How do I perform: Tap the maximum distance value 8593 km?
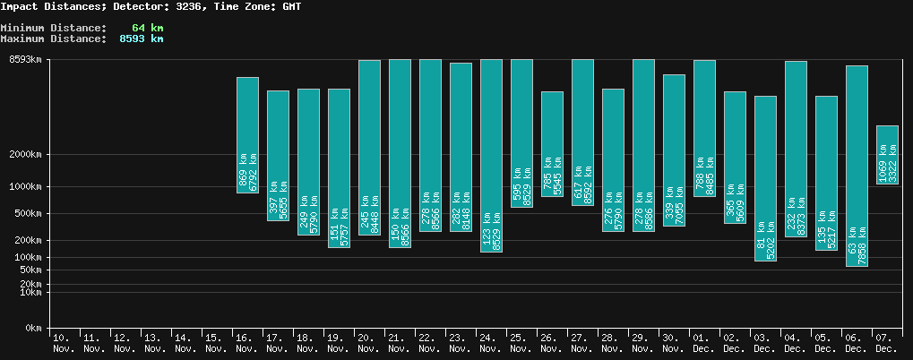tap(142, 39)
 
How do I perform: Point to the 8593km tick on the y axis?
tap(26, 60)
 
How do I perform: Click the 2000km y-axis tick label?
tap(26, 155)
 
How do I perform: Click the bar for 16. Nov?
tap(248, 134)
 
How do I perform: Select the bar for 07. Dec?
tap(887, 155)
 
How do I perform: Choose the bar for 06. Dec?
tap(857, 166)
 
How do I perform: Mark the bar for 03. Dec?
tap(765, 178)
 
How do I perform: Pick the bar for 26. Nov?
tap(552, 143)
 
